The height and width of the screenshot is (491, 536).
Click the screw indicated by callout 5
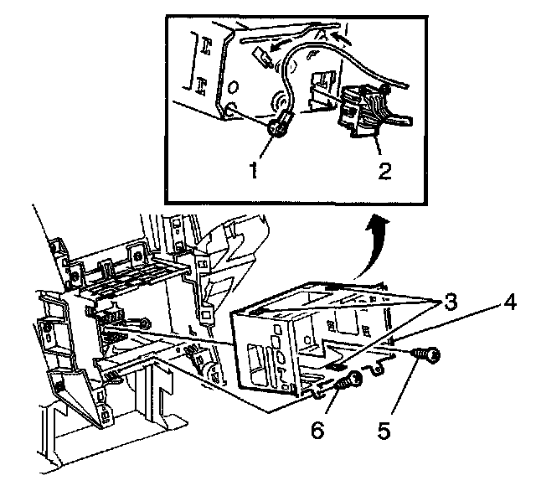click(428, 358)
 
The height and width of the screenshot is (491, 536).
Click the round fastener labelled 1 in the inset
click(281, 127)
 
